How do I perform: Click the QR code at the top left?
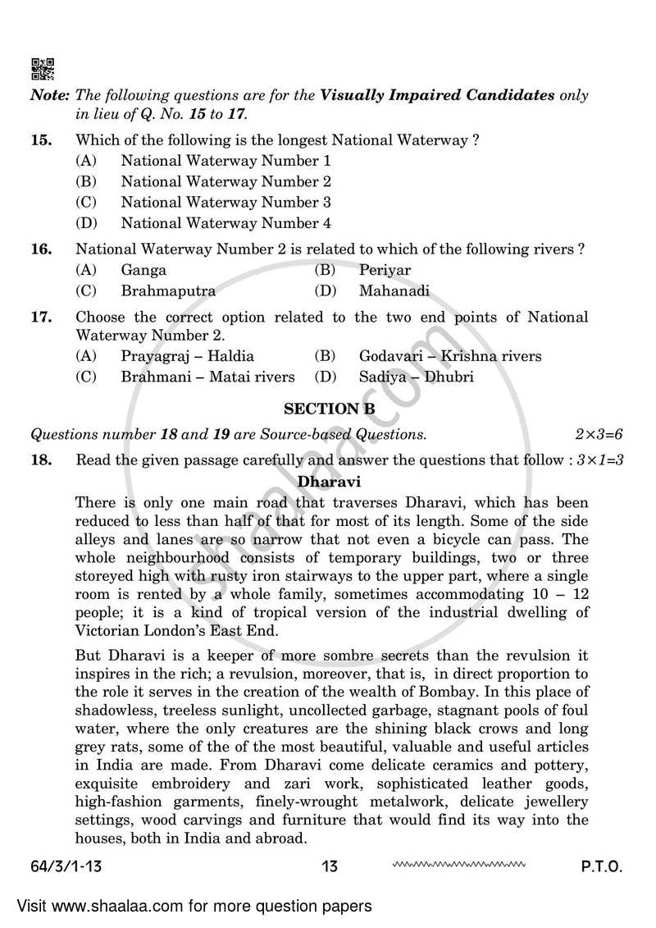[43, 69]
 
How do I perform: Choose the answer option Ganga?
[143, 270]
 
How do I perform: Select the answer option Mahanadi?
[394, 290]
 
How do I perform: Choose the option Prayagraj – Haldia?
[187, 356]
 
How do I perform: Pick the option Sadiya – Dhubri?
[416, 377]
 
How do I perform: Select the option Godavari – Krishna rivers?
[450, 356]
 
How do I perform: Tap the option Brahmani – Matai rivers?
[207, 377]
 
